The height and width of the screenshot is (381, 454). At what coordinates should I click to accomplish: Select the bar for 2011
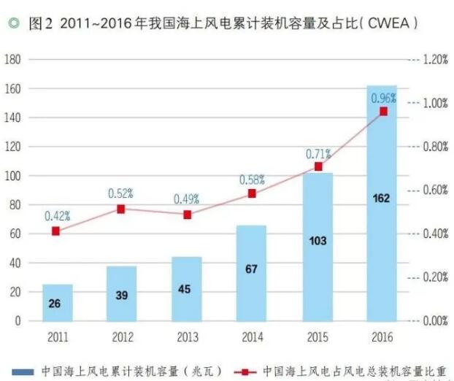58,302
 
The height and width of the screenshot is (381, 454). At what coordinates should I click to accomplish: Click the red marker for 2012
121,209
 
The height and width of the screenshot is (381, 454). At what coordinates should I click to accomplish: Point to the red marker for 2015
318,166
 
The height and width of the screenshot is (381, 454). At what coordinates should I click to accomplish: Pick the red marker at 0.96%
383,111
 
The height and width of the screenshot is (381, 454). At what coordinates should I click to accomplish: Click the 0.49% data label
187,199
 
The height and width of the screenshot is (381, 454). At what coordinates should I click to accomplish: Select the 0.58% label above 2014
252,180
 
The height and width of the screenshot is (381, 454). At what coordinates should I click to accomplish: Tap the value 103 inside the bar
317,240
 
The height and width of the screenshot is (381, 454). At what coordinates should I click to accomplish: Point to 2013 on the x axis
187,337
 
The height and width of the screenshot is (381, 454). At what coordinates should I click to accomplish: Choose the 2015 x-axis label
317,337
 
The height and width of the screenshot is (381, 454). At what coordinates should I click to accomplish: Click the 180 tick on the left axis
12,59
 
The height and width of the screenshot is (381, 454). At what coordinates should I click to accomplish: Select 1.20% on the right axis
435,59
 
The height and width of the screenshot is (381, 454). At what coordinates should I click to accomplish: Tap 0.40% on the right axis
435,234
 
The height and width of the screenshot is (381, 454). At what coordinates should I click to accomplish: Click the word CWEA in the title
391,24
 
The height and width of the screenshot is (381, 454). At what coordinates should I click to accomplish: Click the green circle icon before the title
13,24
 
